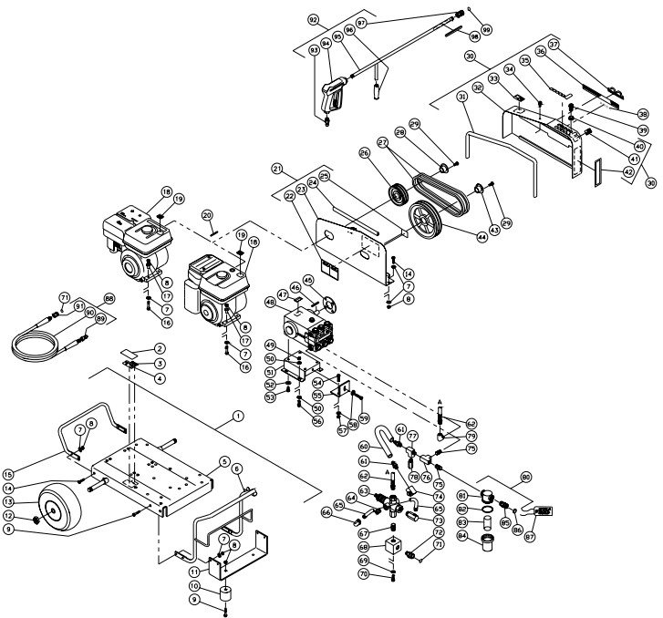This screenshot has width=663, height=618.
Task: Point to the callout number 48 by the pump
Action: [271, 303]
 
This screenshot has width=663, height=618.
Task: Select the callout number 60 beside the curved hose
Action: [364, 447]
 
